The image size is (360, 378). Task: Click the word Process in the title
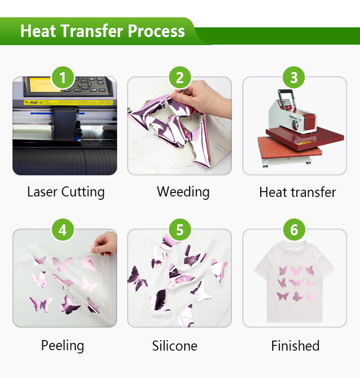tap(156, 31)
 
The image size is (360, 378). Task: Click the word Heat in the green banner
tap(38, 31)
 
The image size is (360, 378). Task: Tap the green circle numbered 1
tap(63, 78)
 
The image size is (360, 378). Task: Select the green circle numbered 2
tap(180, 78)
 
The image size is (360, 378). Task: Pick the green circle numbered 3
tap(294, 78)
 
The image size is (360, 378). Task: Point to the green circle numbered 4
tap(63, 230)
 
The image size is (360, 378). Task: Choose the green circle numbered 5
tap(180, 230)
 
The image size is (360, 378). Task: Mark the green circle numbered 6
tap(294, 230)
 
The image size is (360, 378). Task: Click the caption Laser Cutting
tap(66, 192)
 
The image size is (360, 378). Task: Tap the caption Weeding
tap(183, 192)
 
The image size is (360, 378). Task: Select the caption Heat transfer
tap(298, 193)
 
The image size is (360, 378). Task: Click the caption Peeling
tap(63, 346)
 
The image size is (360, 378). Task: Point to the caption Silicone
tap(175, 346)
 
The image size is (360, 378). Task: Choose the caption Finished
tap(295, 346)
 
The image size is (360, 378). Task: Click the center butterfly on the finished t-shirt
tap(296, 283)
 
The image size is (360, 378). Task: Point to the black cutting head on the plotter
tap(65, 123)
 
